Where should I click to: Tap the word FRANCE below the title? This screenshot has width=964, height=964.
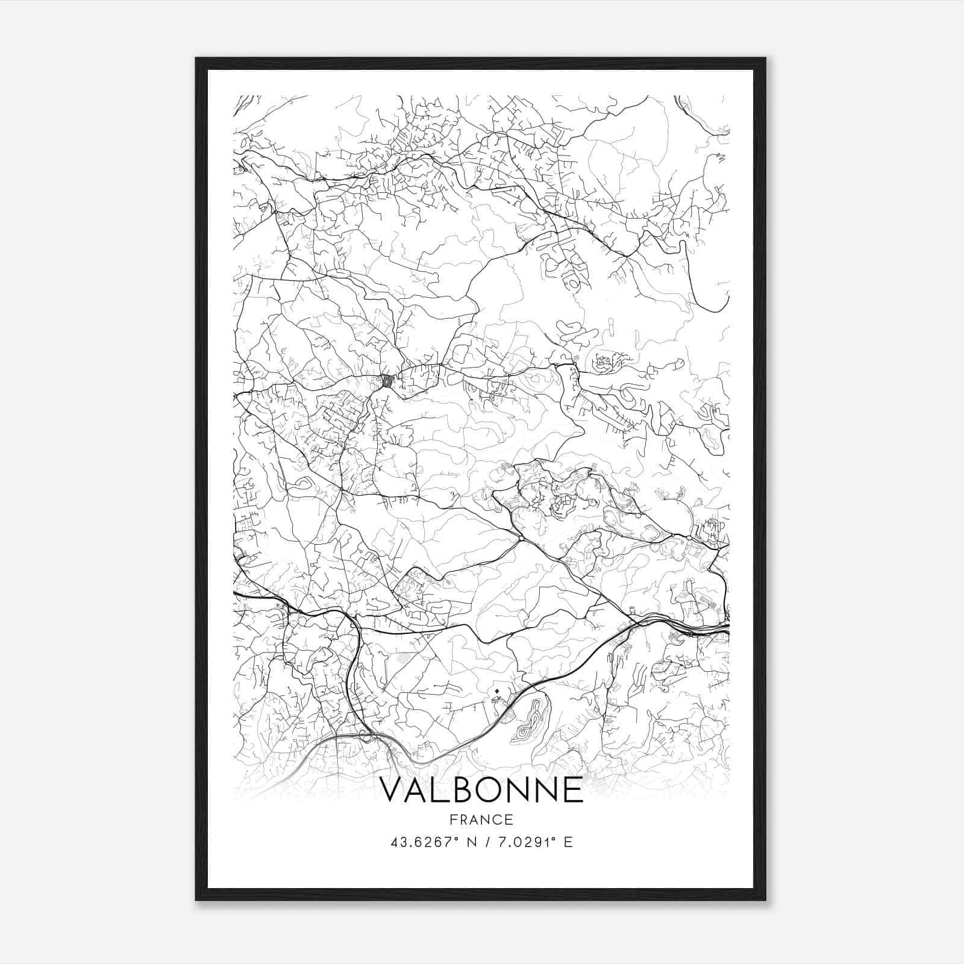pyautogui.click(x=482, y=819)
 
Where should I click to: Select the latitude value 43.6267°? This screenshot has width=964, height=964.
pyautogui.click(x=422, y=842)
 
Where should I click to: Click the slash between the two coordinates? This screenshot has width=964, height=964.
pyautogui.click(x=485, y=842)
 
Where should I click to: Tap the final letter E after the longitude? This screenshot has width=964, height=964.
pyautogui.click(x=568, y=842)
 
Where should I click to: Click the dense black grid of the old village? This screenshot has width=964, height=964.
pyautogui.click(x=389, y=381)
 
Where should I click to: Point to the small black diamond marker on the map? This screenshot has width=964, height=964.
pyautogui.click(x=496, y=690)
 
